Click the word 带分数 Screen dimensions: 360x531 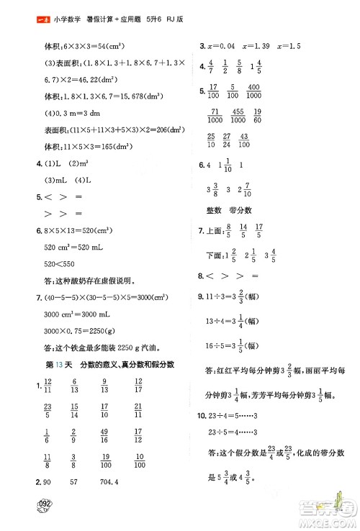click(x=248, y=211)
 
